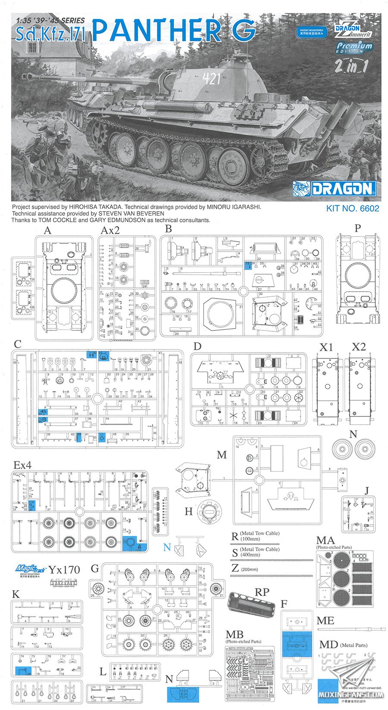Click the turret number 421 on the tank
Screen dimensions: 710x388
point(211,78)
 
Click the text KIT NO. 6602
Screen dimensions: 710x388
point(352,209)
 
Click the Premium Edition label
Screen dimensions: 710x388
point(354,47)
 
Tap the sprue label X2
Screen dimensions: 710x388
point(359,347)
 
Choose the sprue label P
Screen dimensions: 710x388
point(357,228)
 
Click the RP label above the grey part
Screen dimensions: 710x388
point(262,592)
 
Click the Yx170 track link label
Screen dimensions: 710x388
point(64,570)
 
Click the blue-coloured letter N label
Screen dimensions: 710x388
point(167,548)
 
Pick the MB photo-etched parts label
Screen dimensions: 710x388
point(235,634)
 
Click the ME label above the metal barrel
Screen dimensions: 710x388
point(325,620)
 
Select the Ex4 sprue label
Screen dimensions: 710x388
point(22,465)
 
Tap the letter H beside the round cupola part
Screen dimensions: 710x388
point(188,511)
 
